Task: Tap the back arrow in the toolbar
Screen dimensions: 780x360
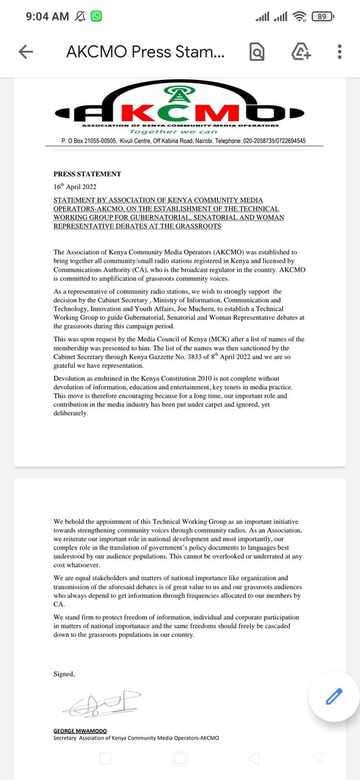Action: pyautogui.click(x=25, y=53)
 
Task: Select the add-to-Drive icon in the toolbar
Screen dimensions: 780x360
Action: pyautogui.click(x=300, y=53)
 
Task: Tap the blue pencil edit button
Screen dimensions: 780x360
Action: pyautogui.click(x=333, y=696)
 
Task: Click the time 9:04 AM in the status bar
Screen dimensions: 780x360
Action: pyautogui.click(x=47, y=16)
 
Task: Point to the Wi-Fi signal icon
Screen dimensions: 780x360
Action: pyautogui.click(x=300, y=16)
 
